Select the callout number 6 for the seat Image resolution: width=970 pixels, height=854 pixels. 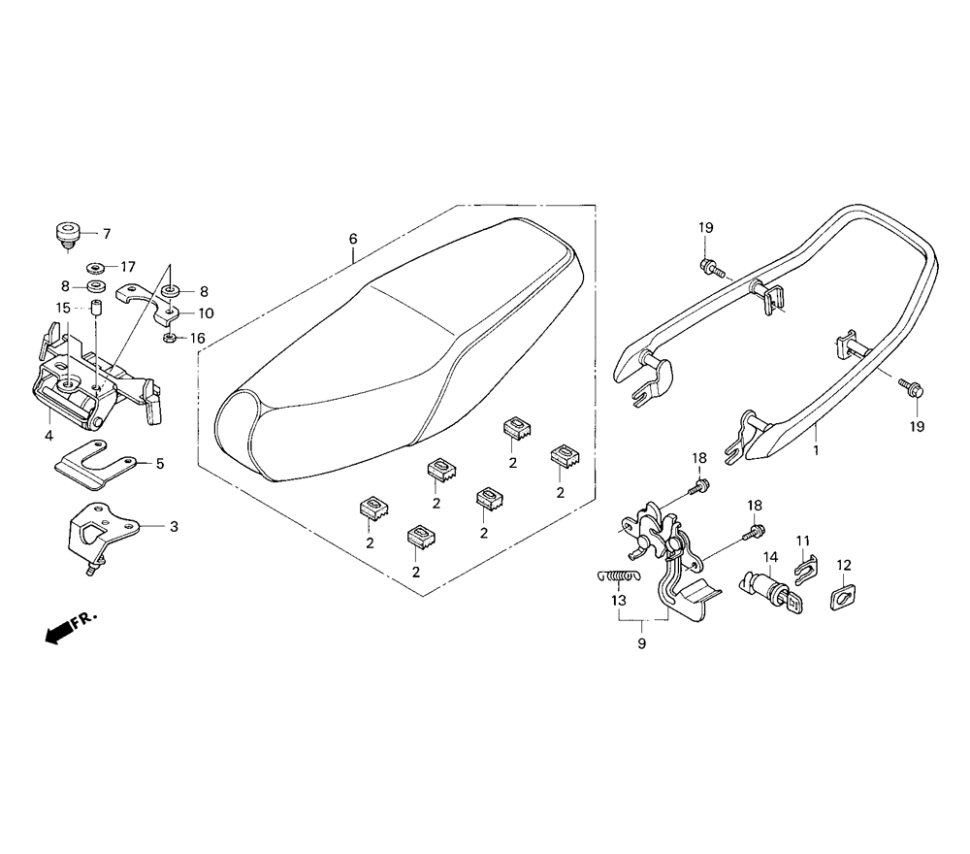(353, 239)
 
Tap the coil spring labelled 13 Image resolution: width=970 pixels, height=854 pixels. (619, 576)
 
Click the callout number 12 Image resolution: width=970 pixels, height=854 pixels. (844, 565)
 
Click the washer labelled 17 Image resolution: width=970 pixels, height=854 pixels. (95, 268)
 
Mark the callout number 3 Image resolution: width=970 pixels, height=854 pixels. (174, 527)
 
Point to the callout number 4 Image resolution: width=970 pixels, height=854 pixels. (48, 436)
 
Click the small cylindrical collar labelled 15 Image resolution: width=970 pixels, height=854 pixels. (96, 308)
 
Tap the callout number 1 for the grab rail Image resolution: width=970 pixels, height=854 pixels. (816, 450)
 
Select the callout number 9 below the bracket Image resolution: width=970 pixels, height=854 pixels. (641, 643)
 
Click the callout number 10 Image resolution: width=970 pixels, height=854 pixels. (206, 313)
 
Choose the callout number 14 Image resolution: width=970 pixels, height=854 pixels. (770, 556)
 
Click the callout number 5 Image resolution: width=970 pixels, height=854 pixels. (160, 463)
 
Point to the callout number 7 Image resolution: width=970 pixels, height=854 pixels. (107, 234)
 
